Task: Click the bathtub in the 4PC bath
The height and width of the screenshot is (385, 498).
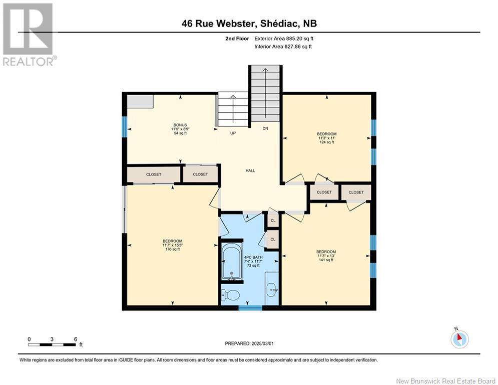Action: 231,262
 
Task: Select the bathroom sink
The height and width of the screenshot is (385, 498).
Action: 271,288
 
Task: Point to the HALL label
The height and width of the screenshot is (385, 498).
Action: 250,170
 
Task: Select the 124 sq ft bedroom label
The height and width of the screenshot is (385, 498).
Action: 326,138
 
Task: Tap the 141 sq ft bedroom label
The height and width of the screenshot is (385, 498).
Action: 326,256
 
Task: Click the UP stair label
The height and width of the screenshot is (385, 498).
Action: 233,133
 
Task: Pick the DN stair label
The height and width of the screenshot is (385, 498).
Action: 265,129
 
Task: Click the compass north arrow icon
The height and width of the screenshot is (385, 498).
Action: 459,339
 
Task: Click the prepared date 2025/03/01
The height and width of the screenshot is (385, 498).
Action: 250,343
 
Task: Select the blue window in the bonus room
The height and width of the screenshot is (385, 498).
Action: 125,127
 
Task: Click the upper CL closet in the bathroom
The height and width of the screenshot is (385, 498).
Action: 273,221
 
